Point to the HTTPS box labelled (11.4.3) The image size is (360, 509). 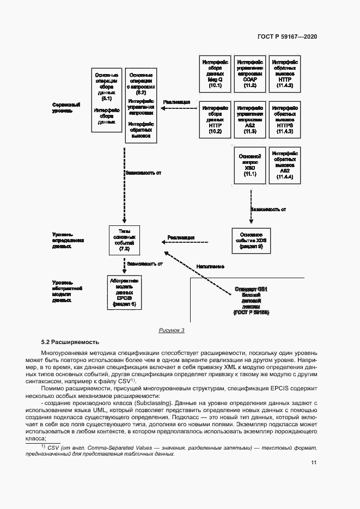click(x=285, y=119)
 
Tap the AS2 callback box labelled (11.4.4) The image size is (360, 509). click(x=285, y=165)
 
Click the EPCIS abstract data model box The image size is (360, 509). click(x=124, y=292)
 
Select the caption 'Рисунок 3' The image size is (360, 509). click(x=172, y=330)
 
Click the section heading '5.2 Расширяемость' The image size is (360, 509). click(x=70, y=342)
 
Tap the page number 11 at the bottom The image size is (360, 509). click(x=314, y=463)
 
